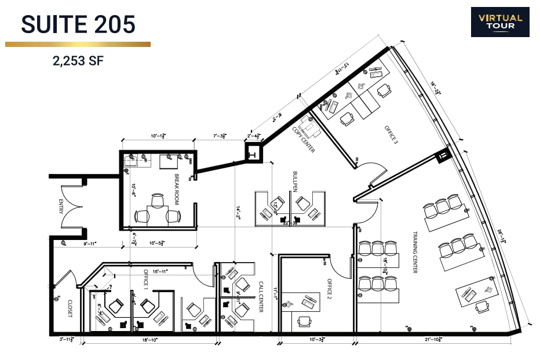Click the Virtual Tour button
click(499, 22)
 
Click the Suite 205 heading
click(78, 24)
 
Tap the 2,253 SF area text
click(78, 61)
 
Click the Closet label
click(70, 307)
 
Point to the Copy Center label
click(303, 140)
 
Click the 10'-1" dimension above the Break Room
click(158, 136)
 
